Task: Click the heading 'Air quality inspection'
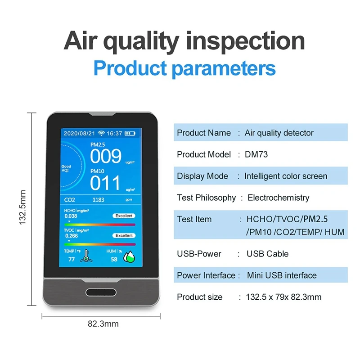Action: (x=184, y=41)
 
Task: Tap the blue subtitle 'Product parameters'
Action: (x=184, y=69)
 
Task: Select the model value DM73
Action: (x=256, y=154)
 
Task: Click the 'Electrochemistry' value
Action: (x=279, y=198)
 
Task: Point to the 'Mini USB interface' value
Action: (x=282, y=275)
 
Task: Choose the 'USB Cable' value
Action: (x=267, y=253)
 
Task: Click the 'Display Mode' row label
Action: (x=202, y=176)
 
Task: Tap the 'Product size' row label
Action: (x=199, y=297)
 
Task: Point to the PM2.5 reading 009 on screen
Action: (x=106, y=157)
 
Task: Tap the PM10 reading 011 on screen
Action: (x=106, y=183)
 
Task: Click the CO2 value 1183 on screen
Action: (x=98, y=199)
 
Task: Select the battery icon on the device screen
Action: (x=130, y=133)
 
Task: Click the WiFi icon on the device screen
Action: (x=101, y=133)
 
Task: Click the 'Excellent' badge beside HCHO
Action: (x=124, y=216)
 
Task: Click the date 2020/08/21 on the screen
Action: (x=79, y=133)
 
